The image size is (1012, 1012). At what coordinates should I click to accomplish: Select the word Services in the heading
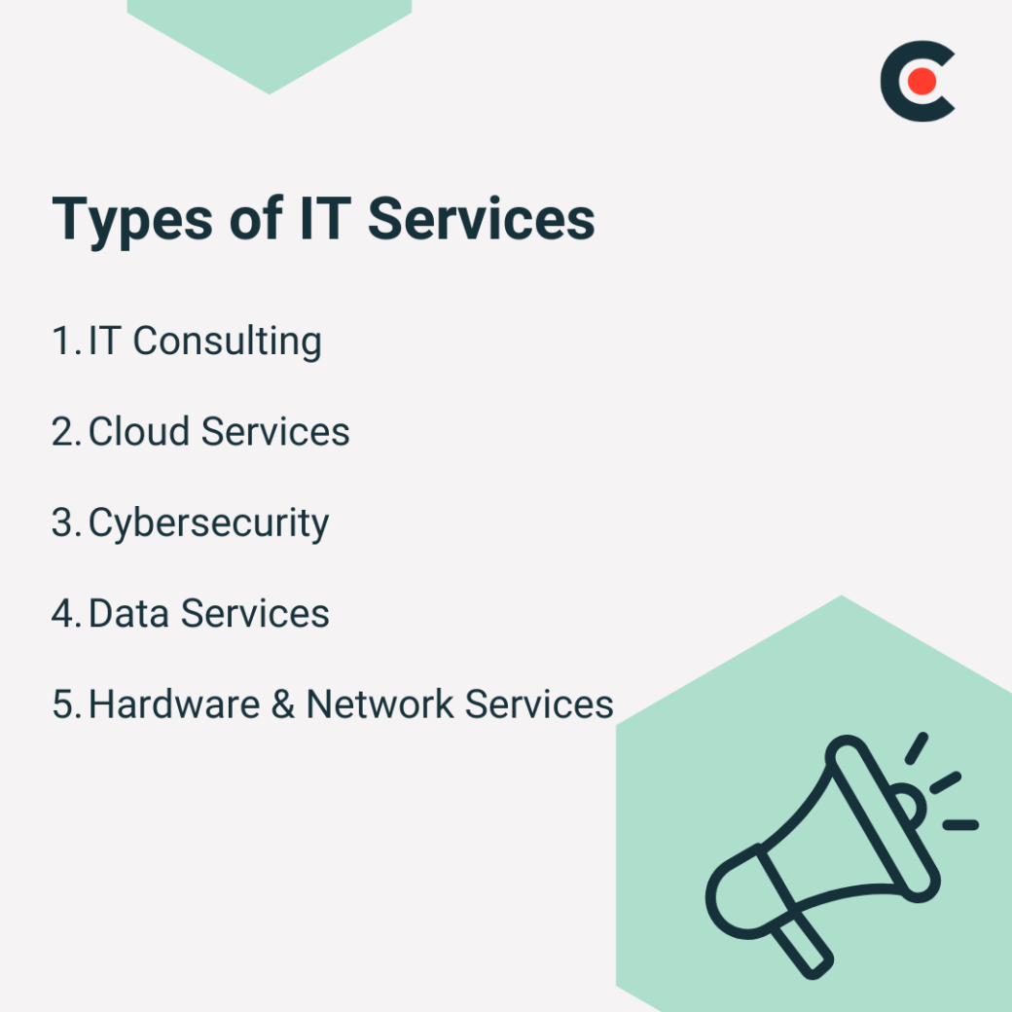tap(481, 219)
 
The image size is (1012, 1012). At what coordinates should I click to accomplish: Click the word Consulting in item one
tap(227, 342)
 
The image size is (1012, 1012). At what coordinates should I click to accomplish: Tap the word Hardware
tap(174, 705)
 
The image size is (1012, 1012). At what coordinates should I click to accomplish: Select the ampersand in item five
tap(283, 705)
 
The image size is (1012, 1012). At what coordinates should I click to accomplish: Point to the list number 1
tap(63, 342)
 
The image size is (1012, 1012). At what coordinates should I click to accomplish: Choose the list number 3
tap(64, 524)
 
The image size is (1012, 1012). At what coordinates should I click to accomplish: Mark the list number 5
tap(64, 705)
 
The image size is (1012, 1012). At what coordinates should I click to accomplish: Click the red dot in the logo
tap(921, 82)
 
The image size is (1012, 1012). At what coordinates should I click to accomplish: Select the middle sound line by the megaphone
tap(945, 782)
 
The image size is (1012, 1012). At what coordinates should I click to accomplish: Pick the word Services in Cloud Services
tap(275, 432)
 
